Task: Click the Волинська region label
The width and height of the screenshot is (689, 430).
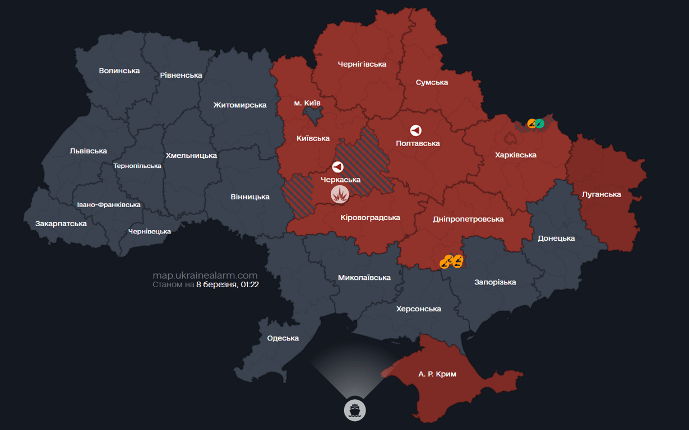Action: click(x=119, y=71)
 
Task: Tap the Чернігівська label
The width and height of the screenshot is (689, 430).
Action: click(x=362, y=64)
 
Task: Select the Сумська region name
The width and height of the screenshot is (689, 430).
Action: click(x=432, y=82)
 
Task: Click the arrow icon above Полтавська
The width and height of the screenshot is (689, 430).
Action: click(x=415, y=130)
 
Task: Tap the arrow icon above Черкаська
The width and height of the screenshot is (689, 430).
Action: click(x=337, y=167)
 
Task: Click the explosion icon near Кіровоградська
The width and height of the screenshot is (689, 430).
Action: click(x=340, y=194)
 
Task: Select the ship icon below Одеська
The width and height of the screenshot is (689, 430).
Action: click(x=354, y=410)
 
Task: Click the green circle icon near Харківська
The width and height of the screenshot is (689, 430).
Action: click(x=539, y=123)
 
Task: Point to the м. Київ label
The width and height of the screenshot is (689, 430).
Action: click(x=307, y=103)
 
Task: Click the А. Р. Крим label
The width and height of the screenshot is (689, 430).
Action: click(x=437, y=373)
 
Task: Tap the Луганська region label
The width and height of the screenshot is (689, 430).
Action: click(x=602, y=194)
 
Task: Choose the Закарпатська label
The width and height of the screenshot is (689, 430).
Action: click(x=61, y=223)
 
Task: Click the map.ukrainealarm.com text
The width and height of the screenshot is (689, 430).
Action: click(x=205, y=275)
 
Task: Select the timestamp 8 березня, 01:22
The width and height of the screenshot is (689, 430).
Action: click(x=227, y=284)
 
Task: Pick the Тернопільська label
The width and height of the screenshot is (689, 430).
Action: click(x=137, y=166)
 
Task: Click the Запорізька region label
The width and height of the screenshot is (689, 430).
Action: click(x=495, y=282)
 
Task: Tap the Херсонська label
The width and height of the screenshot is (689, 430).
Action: click(x=418, y=309)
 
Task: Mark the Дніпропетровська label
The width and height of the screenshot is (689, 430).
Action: click(x=468, y=219)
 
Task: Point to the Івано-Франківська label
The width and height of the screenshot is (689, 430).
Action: click(x=109, y=205)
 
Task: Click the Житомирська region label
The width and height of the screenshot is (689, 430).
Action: click(x=239, y=105)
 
